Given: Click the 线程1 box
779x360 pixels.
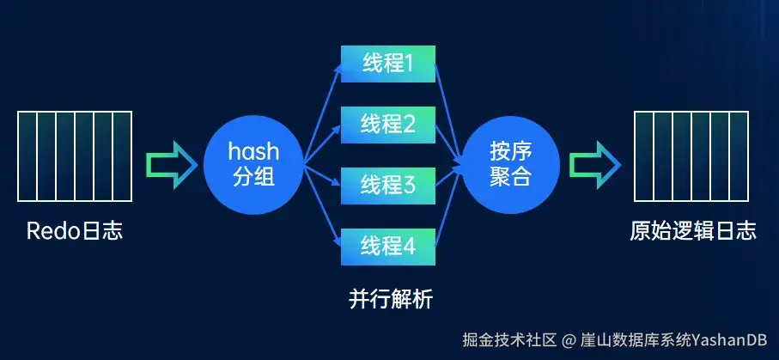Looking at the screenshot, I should click(x=388, y=64).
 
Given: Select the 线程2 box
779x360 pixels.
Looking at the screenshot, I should click(x=388, y=124).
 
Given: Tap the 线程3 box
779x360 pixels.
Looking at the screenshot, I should click(x=388, y=184).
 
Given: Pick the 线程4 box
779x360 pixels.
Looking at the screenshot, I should click(x=388, y=245).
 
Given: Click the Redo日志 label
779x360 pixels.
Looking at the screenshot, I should click(x=75, y=231).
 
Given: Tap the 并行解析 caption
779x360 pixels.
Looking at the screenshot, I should click(x=391, y=300).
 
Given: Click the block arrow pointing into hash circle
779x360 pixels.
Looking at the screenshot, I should click(x=168, y=164).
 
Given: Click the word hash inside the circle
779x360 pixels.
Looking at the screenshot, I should click(x=253, y=152).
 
